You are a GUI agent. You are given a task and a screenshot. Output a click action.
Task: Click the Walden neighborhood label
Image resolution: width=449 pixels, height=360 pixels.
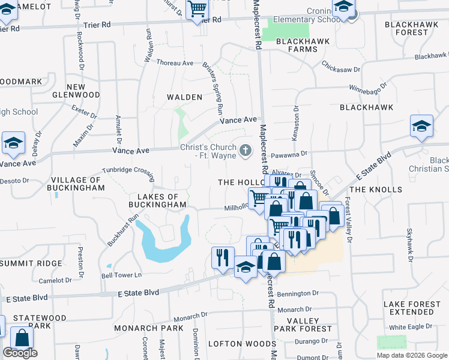[x=184, y=97]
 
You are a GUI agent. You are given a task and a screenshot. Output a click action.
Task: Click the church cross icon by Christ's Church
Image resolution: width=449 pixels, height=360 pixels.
[x=245, y=150]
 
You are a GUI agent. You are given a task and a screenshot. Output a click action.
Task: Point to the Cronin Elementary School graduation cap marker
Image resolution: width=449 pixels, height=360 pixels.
[x=344, y=8]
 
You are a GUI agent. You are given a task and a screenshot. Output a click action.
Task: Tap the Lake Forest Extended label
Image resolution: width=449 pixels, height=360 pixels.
[x=411, y=308]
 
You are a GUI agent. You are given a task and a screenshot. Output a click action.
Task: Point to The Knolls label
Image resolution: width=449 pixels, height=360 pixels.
[x=376, y=190]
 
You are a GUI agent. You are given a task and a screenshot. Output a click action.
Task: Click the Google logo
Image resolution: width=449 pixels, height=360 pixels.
[x=20, y=353]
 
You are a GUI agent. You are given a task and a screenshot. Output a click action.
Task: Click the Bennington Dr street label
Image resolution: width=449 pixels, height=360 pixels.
[x=298, y=293]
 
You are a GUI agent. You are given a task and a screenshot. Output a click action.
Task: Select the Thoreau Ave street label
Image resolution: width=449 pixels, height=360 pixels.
[x=175, y=63]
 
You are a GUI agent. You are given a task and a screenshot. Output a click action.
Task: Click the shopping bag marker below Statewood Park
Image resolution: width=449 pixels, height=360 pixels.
[x=22, y=338]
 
